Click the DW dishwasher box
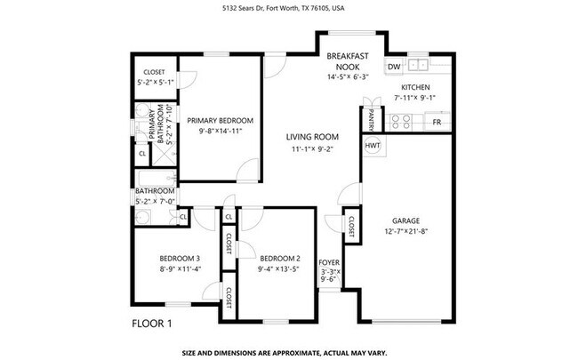[393, 67]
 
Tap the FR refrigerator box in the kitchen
[437, 121]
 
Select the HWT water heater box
[373, 145]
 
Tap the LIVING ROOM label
[312, 137]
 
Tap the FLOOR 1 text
[151, 322]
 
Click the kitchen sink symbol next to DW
[417, 67]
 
